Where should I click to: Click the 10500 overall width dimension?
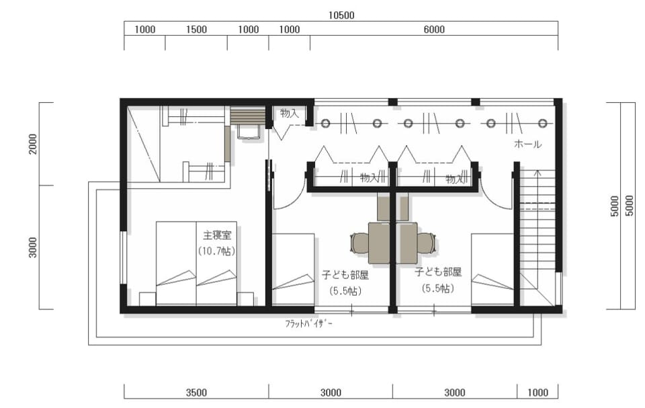point(341,15)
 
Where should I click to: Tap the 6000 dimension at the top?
point(434,29)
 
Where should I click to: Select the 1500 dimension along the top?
point(196,29)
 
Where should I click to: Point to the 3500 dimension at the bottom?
point(196,393)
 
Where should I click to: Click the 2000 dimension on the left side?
point(33,144)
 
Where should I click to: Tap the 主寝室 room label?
point(217,235)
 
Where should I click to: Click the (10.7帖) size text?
point(217,251)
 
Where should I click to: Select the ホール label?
point(528,144)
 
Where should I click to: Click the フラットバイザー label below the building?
point(309,323)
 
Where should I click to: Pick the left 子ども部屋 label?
point(345,275)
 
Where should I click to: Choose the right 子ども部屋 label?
point(438,272)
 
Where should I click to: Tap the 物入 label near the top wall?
point(290,114)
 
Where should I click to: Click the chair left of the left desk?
point(359,243)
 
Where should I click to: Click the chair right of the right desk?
point(427,243)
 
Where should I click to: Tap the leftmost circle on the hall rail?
point(326,123)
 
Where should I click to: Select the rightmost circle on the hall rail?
point(543,123)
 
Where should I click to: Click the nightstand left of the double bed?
point(148,299)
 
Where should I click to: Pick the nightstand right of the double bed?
point(245,299)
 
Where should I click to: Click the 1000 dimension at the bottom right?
point(537,393)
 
